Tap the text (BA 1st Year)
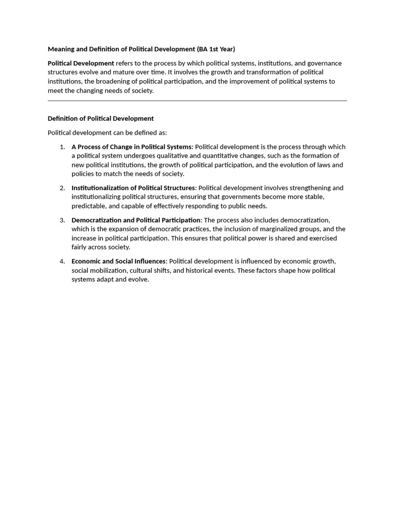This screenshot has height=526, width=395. pos(216,49)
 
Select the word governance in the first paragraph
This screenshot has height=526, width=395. pos(325,63)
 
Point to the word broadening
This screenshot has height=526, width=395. pos(109,82)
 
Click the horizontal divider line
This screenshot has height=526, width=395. pos(197,101)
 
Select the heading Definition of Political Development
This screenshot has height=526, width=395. pos(101,119)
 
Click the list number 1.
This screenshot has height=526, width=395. pos(62,147)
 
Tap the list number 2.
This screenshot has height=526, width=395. pos(62,188)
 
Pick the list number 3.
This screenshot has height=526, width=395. pos(62,220)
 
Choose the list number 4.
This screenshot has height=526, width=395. pos(62,261)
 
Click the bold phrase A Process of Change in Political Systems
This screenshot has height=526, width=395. pos(131,147)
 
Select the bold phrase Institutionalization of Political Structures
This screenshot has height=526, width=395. pos(133,188)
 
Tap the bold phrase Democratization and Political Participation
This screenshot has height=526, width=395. pos(136,220)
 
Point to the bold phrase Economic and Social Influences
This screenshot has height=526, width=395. pos(118,261)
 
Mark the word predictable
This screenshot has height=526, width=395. pos(89,206)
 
